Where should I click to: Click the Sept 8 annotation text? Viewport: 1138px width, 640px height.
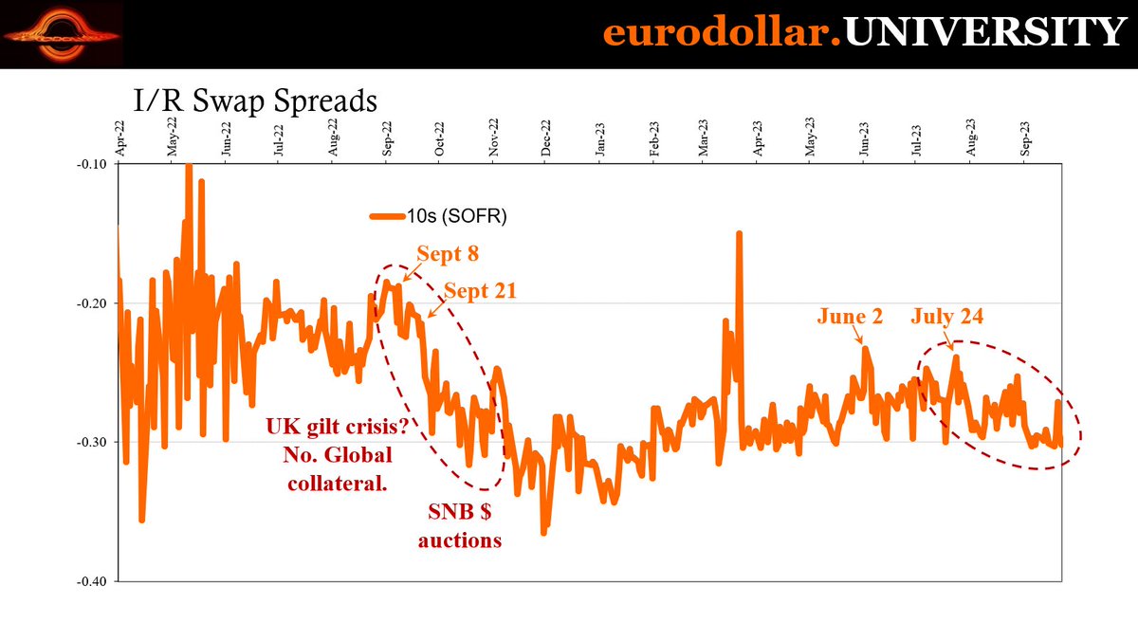(447, 254)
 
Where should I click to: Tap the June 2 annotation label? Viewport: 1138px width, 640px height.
(850, 317)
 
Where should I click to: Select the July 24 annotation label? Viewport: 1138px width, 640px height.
(947, 317)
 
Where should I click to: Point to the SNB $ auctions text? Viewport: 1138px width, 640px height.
(460, 527)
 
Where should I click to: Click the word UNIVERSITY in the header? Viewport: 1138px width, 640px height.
(984, 33)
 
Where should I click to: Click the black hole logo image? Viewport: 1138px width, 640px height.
(61, 34)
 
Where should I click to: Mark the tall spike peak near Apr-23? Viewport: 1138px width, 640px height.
(738, 233)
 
